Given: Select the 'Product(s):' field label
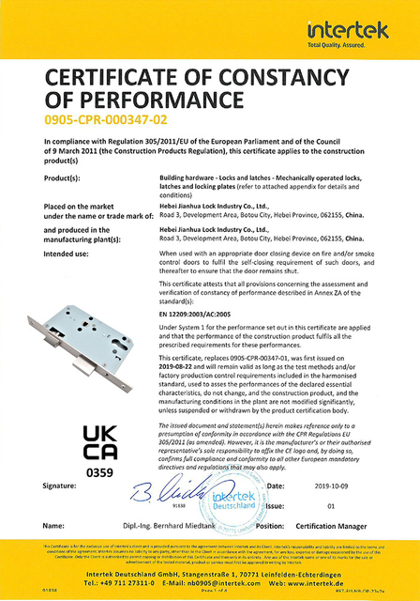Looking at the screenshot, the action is (67, 177).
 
